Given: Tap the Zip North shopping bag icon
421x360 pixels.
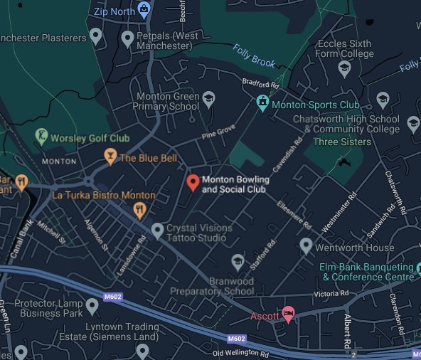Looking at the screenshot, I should click(144, 10).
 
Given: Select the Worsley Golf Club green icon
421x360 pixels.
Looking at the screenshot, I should click(41, 136).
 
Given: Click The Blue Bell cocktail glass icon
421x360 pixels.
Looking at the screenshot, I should click(110, 156).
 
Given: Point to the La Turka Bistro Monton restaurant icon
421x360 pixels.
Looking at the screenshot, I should click(140, 209).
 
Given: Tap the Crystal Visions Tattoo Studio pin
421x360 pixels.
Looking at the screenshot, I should click(158, 230).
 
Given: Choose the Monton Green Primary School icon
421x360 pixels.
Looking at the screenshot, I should click(208, 100).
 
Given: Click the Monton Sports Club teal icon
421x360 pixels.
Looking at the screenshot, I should click(263, 103).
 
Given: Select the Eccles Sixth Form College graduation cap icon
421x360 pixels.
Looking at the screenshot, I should click(344, 68).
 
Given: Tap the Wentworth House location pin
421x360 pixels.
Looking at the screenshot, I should click(306, 246).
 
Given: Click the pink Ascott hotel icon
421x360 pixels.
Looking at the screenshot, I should click(288, 314).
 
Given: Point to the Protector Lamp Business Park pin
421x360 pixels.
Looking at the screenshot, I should click(92, 307).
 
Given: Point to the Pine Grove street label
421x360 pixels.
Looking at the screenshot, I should click(218, 132).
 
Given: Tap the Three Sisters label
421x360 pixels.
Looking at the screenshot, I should click(342, 142).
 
